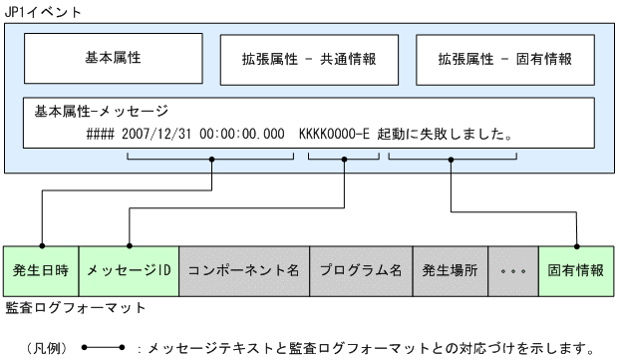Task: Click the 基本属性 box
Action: (112, 58)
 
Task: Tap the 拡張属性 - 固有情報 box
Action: (505, 59)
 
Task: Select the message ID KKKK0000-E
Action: (337, 132)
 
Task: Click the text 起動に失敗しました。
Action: (446, 132)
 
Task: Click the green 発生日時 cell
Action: (40, 271)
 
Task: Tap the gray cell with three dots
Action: (513, 271)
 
